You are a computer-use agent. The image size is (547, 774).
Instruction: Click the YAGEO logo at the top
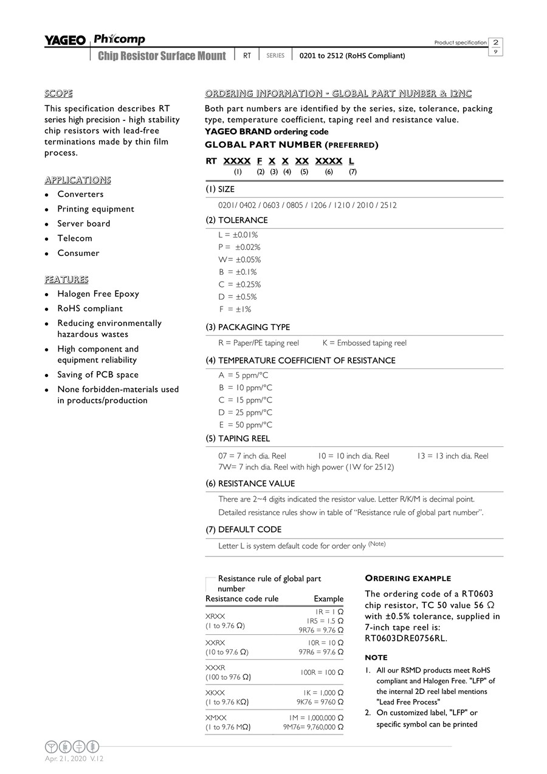65,41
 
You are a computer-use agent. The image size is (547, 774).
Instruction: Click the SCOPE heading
58,94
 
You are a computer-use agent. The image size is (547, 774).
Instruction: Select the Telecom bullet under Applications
75,238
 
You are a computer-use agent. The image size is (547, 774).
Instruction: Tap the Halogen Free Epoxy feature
98,294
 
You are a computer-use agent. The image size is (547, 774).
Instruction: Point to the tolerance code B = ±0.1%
238,272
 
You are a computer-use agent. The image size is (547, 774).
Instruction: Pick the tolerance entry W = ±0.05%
239,260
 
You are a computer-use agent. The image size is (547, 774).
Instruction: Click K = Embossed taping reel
364,343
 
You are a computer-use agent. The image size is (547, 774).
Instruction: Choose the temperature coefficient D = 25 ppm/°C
246,412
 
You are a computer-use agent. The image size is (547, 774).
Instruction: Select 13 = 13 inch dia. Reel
452,456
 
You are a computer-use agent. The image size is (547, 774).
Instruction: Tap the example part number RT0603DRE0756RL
405,638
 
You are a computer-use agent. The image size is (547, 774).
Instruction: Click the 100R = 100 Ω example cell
322,672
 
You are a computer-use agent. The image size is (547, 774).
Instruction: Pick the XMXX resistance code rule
215,718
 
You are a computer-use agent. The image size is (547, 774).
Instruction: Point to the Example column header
328,599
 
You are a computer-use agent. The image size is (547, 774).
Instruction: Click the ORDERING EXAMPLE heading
407,578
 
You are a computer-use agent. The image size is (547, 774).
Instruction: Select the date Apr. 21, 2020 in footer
66,759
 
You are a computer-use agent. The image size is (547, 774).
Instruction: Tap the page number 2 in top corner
496,43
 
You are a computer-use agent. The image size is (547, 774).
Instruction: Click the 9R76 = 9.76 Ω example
320,630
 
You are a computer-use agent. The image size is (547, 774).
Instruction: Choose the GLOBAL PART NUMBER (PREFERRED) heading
291,145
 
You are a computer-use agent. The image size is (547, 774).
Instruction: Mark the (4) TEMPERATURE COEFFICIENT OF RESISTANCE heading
300,361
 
